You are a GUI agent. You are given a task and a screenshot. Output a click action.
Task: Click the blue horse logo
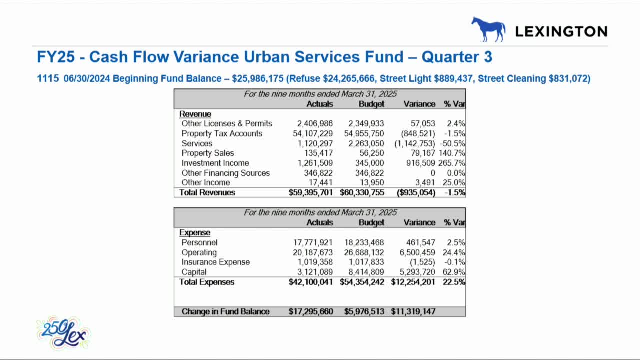[487, 29]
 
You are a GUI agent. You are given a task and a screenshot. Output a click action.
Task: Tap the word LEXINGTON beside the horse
[561, 32]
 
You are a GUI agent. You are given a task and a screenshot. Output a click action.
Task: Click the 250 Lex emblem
[63, 333]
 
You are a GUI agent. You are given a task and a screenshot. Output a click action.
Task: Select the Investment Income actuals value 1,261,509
[313, 163]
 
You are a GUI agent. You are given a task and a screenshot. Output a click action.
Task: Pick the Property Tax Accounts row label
[222, 133]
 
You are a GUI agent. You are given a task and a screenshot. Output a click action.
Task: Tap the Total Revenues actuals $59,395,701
[311, 192]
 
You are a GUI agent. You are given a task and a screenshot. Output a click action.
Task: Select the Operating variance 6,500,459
[414, 252]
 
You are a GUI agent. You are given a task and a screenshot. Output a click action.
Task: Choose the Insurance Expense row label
[215, 262]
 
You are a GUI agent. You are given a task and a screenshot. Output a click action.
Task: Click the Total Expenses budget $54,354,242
[362, 282]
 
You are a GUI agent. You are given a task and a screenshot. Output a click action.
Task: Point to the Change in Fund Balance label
[225, 311]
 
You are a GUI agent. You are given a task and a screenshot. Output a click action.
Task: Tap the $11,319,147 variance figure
[413, 311]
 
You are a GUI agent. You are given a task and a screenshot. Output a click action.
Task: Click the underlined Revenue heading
[195, 114]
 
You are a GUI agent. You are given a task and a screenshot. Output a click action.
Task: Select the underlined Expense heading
[195, 232]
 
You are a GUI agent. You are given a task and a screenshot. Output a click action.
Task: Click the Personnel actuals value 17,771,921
[313, 242]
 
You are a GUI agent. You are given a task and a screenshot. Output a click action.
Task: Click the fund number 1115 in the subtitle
[48, 78]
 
